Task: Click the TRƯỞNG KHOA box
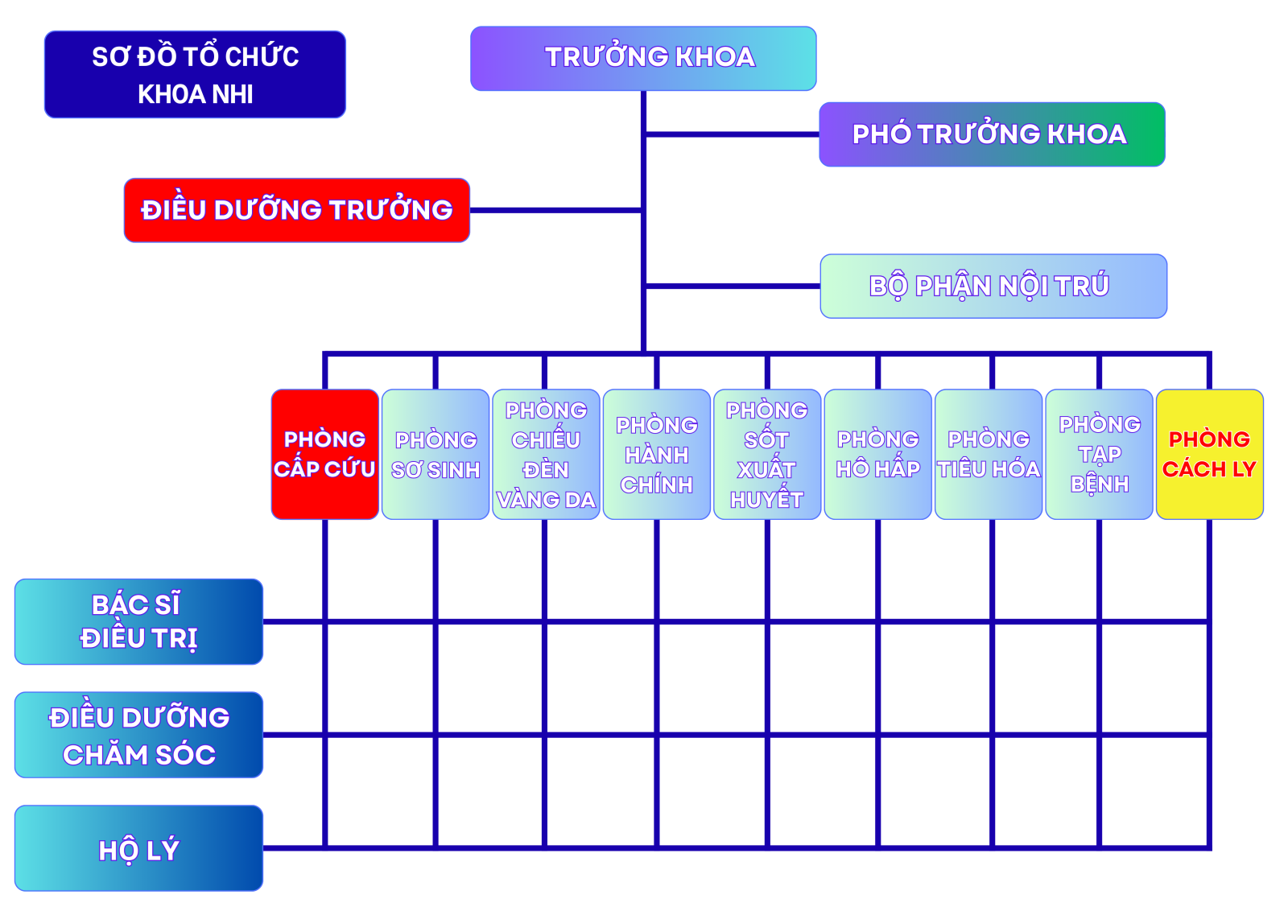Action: point(643,58)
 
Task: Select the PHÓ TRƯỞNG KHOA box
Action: point(992,134)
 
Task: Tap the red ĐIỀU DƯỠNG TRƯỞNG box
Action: point(296,210)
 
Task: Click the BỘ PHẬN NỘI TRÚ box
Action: point(993,286)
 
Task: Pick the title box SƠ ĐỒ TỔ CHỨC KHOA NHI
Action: point(195,74)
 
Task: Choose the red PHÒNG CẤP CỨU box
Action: point(324,455)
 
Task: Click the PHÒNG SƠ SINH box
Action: point(436,455)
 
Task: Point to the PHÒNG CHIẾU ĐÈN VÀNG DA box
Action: point(546,455)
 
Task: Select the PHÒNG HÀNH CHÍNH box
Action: point(657,455)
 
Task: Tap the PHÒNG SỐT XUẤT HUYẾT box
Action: point(767,455)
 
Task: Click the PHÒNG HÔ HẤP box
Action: point(877,455)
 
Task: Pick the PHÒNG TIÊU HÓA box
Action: point(989,455)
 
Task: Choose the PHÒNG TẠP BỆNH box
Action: point(1099,455)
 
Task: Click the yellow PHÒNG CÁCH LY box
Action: point(1209,455)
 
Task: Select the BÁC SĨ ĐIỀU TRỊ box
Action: point(138,621)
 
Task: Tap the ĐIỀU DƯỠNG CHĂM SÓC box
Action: point(138,735)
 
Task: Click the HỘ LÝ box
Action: point(138,848)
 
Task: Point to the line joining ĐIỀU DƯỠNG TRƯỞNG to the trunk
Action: point(555,211)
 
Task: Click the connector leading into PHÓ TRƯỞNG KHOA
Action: point(733,134)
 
